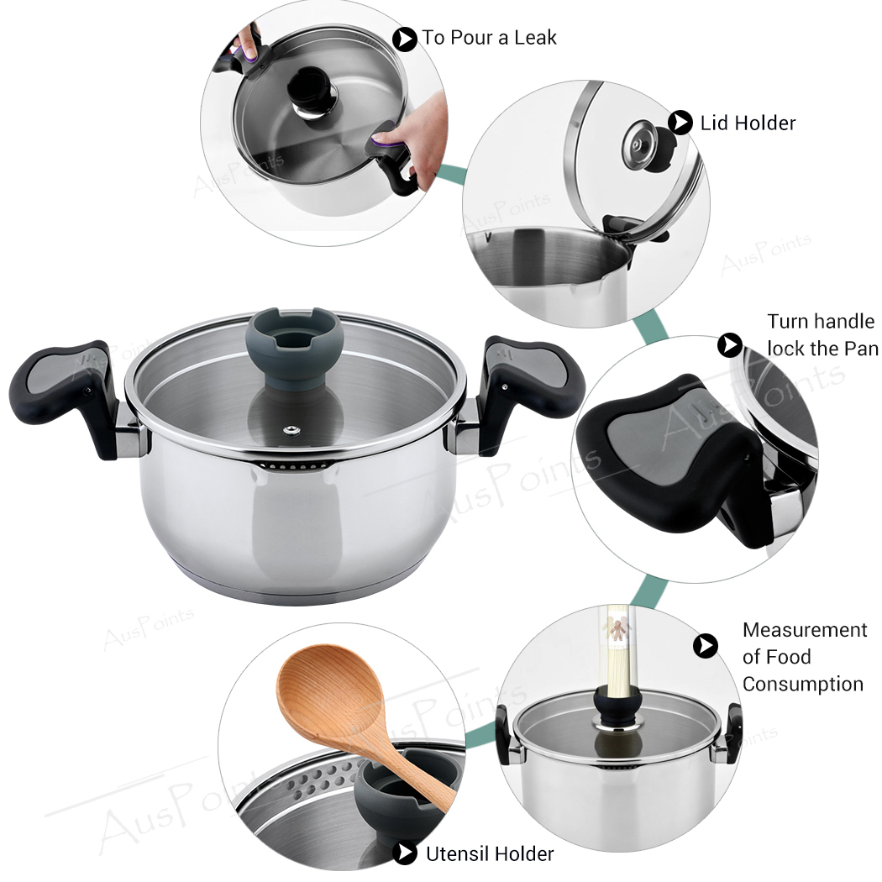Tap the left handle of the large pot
[63, 387]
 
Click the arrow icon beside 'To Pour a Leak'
[405, 39]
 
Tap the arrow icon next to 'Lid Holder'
[680, 123]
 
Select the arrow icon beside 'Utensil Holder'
[406, 853]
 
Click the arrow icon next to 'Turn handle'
[730, 344]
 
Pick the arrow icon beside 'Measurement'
[706, 645]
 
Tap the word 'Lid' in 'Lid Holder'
[715, 123]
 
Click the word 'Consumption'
[802, 684]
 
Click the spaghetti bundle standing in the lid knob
[617, 651]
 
